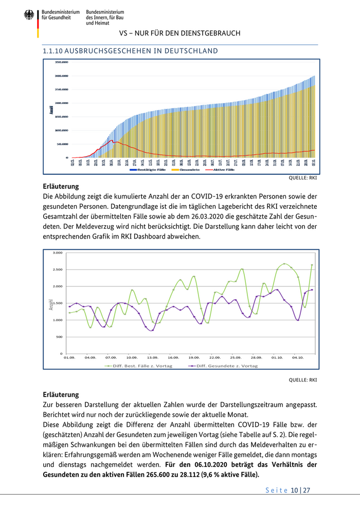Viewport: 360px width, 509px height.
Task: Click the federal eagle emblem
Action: point(29,16)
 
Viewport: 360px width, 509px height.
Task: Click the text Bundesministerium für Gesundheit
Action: point(61,14)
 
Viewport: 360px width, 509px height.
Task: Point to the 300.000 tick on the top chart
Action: point(61,76)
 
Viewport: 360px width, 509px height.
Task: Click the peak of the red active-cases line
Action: point(112,140)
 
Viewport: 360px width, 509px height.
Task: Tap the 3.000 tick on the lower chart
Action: point(57,253)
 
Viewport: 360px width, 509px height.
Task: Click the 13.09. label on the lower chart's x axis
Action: point(152,357)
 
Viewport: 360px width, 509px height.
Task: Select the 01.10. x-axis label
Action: point(277,357)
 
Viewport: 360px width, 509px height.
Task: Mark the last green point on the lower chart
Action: point(312,265)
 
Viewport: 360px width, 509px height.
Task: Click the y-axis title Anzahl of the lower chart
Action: point(51,304)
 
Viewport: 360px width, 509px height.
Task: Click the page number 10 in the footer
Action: point(295,490)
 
